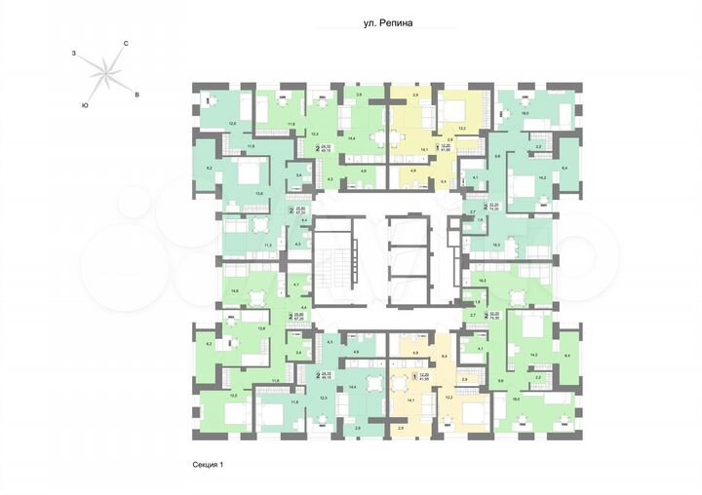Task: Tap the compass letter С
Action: pos(127,44)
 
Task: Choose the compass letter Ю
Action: pos(86,104)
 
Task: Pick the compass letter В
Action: pos(137,94)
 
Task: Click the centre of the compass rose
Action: pos(106,71)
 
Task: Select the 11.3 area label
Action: pos(240,245)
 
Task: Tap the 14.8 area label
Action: pos(235,291)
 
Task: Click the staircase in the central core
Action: pos(332,262)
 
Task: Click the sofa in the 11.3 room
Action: pos(234,226)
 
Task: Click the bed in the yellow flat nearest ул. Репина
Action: pos(454,104)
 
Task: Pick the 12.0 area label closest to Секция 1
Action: pos(232,395)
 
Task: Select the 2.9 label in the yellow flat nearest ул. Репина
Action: pos(401,94)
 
